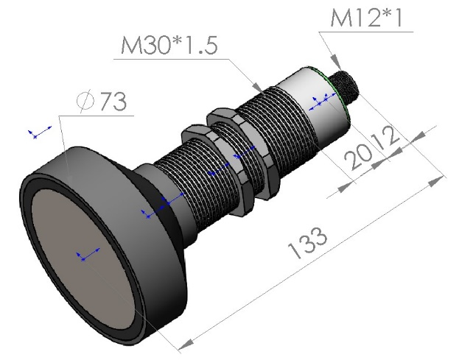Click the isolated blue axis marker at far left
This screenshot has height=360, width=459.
(37, 133)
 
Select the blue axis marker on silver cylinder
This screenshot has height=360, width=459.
(318, 102)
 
